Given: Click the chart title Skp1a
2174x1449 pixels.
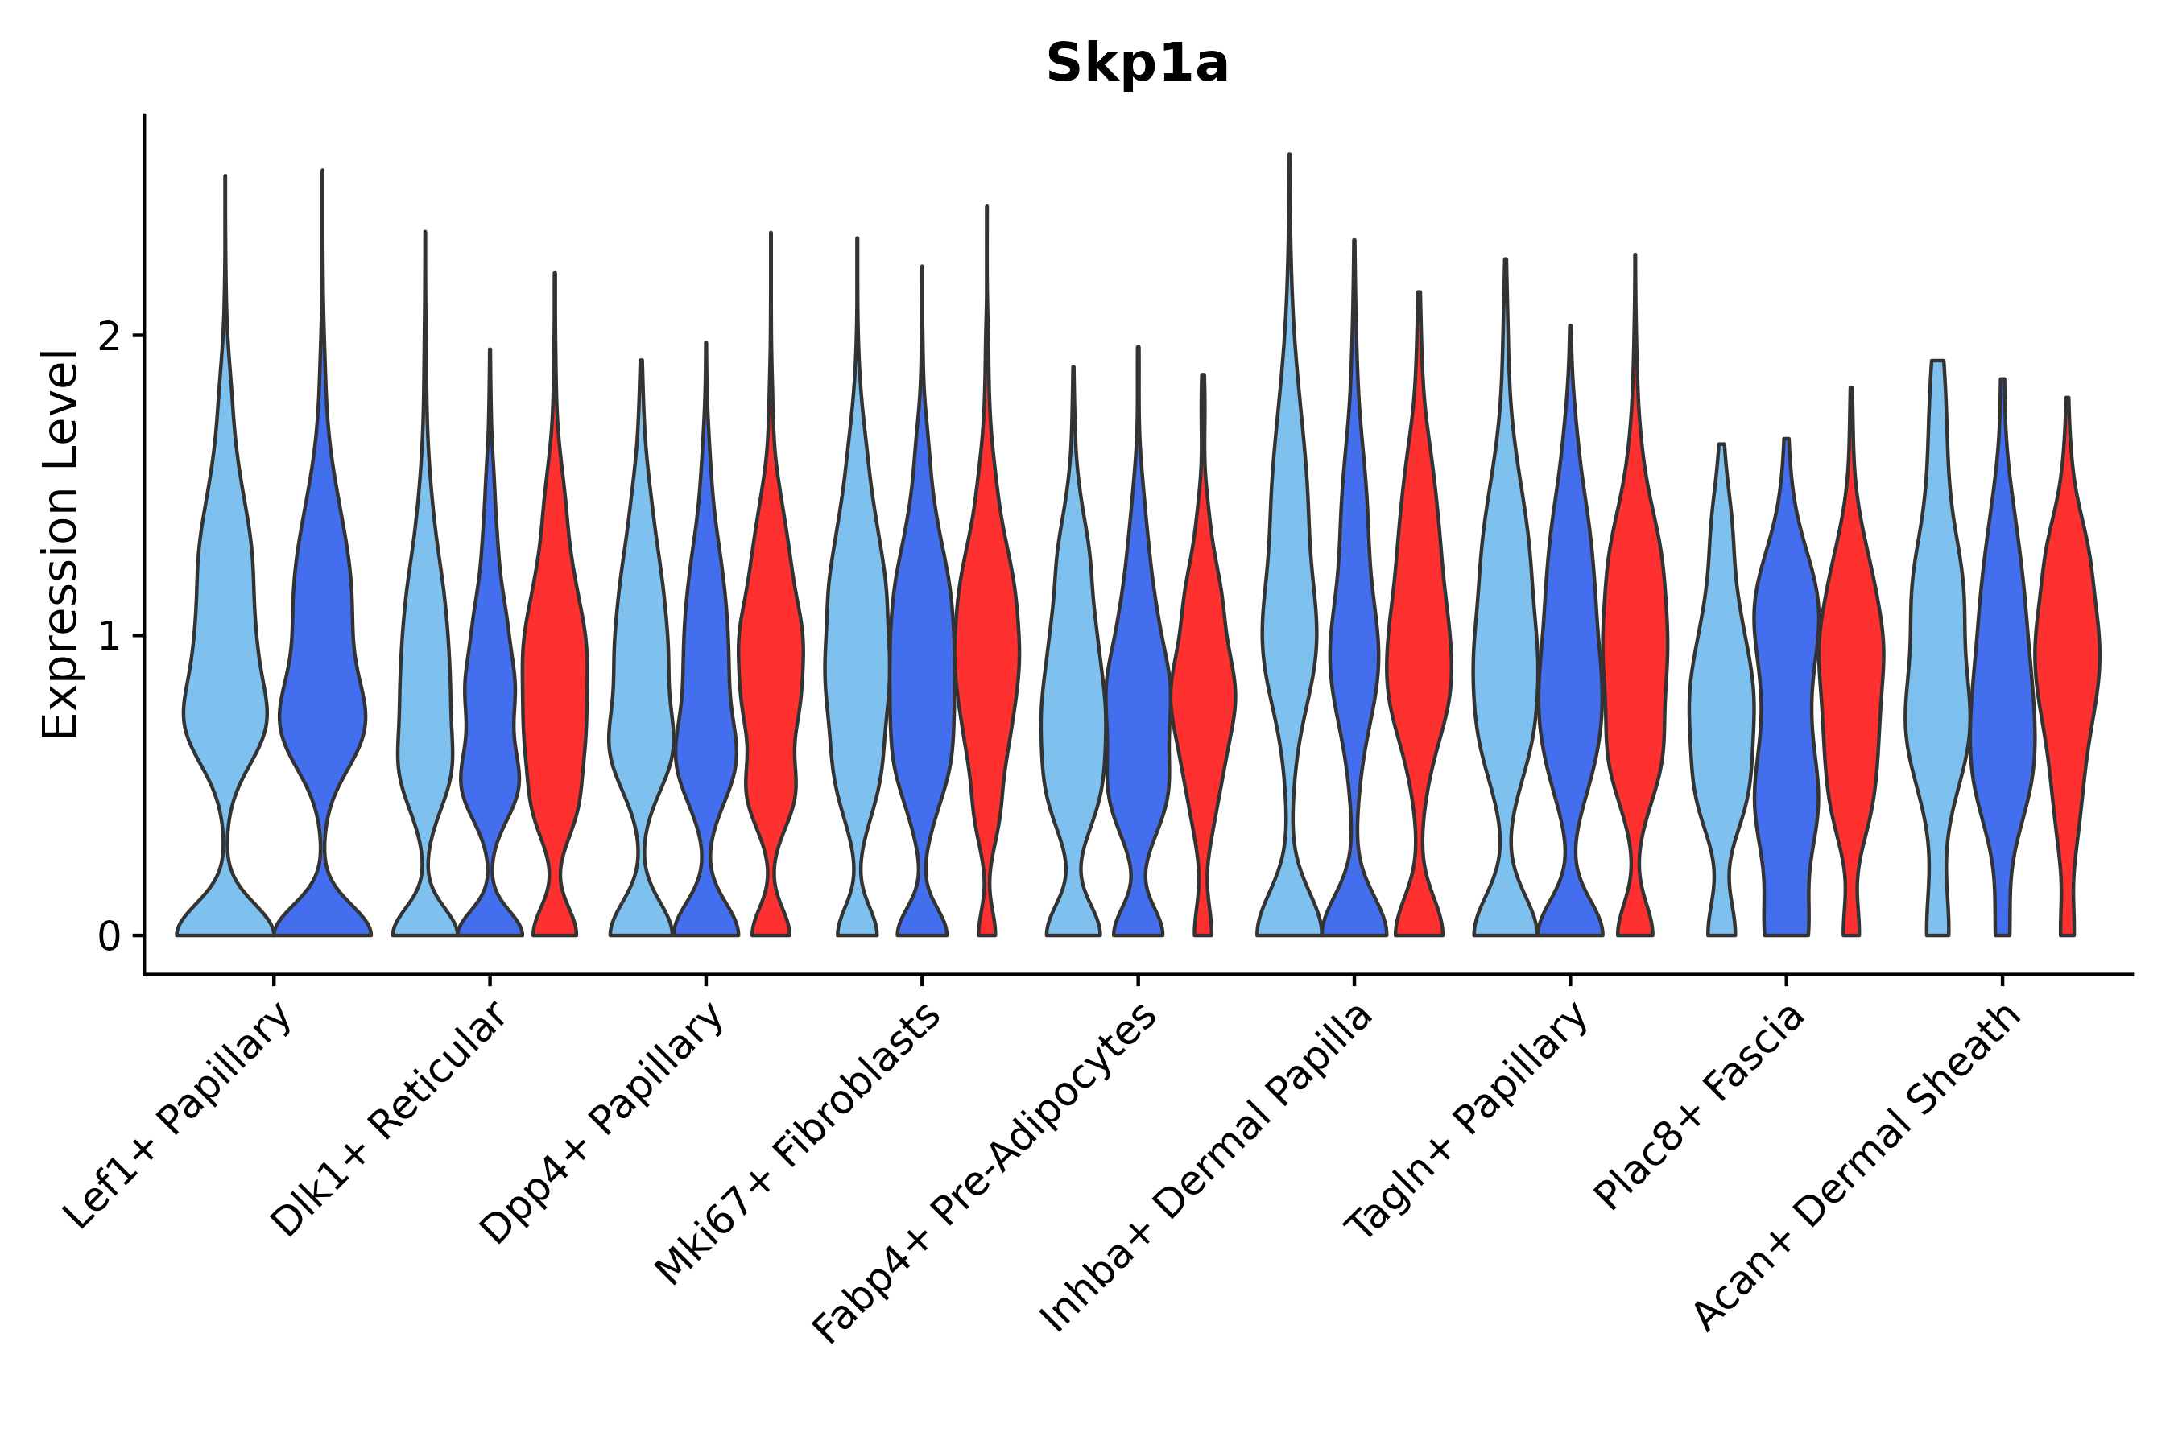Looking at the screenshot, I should pos(1137,64).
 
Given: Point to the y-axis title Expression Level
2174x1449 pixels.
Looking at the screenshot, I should pos(61,544).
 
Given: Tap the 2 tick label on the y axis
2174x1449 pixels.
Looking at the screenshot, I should pos(109,337).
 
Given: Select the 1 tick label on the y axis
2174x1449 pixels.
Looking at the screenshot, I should pos(109,637).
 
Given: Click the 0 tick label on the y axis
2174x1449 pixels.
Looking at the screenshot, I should pos(109,937).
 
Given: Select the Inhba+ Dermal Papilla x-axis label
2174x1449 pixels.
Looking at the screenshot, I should pos(1207,1168).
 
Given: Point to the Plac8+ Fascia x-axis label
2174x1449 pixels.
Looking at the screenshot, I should pos(1699,1107).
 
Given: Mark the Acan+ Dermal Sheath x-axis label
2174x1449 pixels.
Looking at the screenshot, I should pos(1858,1168).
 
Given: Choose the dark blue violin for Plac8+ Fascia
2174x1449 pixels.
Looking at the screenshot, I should pos(1786,702).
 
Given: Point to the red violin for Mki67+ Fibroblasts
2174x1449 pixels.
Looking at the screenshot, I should pos(987,647).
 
